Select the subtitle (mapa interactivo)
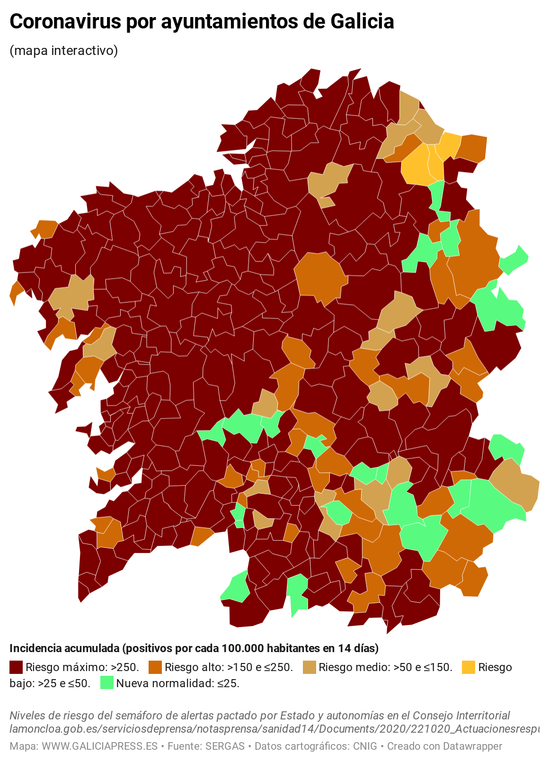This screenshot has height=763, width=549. coord(63,50)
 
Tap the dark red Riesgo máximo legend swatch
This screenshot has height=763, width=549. coord(16,667)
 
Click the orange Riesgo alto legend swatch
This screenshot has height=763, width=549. coord(155,667)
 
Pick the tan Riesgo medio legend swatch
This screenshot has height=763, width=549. coord(309,667)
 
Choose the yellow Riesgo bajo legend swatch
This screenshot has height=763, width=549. coord(468,667)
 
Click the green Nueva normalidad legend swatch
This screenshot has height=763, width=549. coord(106,683)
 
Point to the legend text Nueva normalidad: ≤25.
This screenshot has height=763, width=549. coord(177,683)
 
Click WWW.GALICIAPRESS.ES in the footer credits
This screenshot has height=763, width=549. coord(99,746)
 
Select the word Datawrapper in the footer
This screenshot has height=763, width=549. coord(472,746)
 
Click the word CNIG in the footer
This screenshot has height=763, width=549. coord(365,746)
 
